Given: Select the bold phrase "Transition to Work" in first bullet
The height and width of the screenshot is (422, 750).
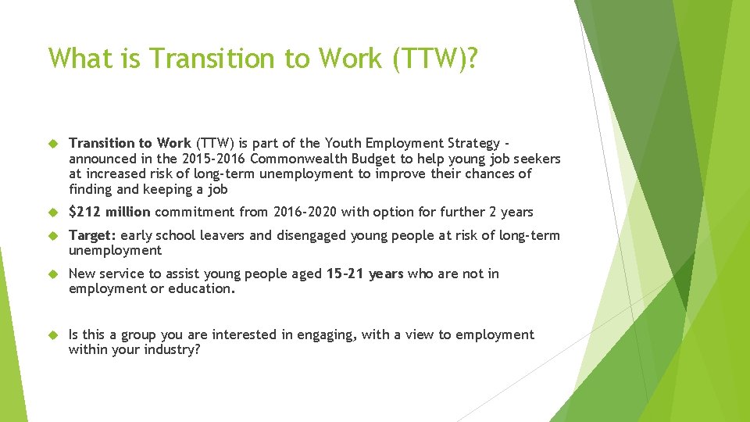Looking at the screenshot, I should coord(130,143).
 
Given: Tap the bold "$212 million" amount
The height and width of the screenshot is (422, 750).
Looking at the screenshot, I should coord(110,212).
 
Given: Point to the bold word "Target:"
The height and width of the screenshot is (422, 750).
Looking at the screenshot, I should coord(93,235).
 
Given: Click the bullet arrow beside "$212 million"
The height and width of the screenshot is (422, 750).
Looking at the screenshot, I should coord(53,213).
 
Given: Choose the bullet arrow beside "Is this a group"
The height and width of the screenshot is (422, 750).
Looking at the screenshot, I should coord(53,335).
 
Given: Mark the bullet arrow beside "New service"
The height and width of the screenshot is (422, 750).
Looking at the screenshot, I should coord(53,274).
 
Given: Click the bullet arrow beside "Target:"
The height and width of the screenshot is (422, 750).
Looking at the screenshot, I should coord(53,236).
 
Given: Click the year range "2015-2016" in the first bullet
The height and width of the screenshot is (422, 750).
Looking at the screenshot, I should coord(213,159).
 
